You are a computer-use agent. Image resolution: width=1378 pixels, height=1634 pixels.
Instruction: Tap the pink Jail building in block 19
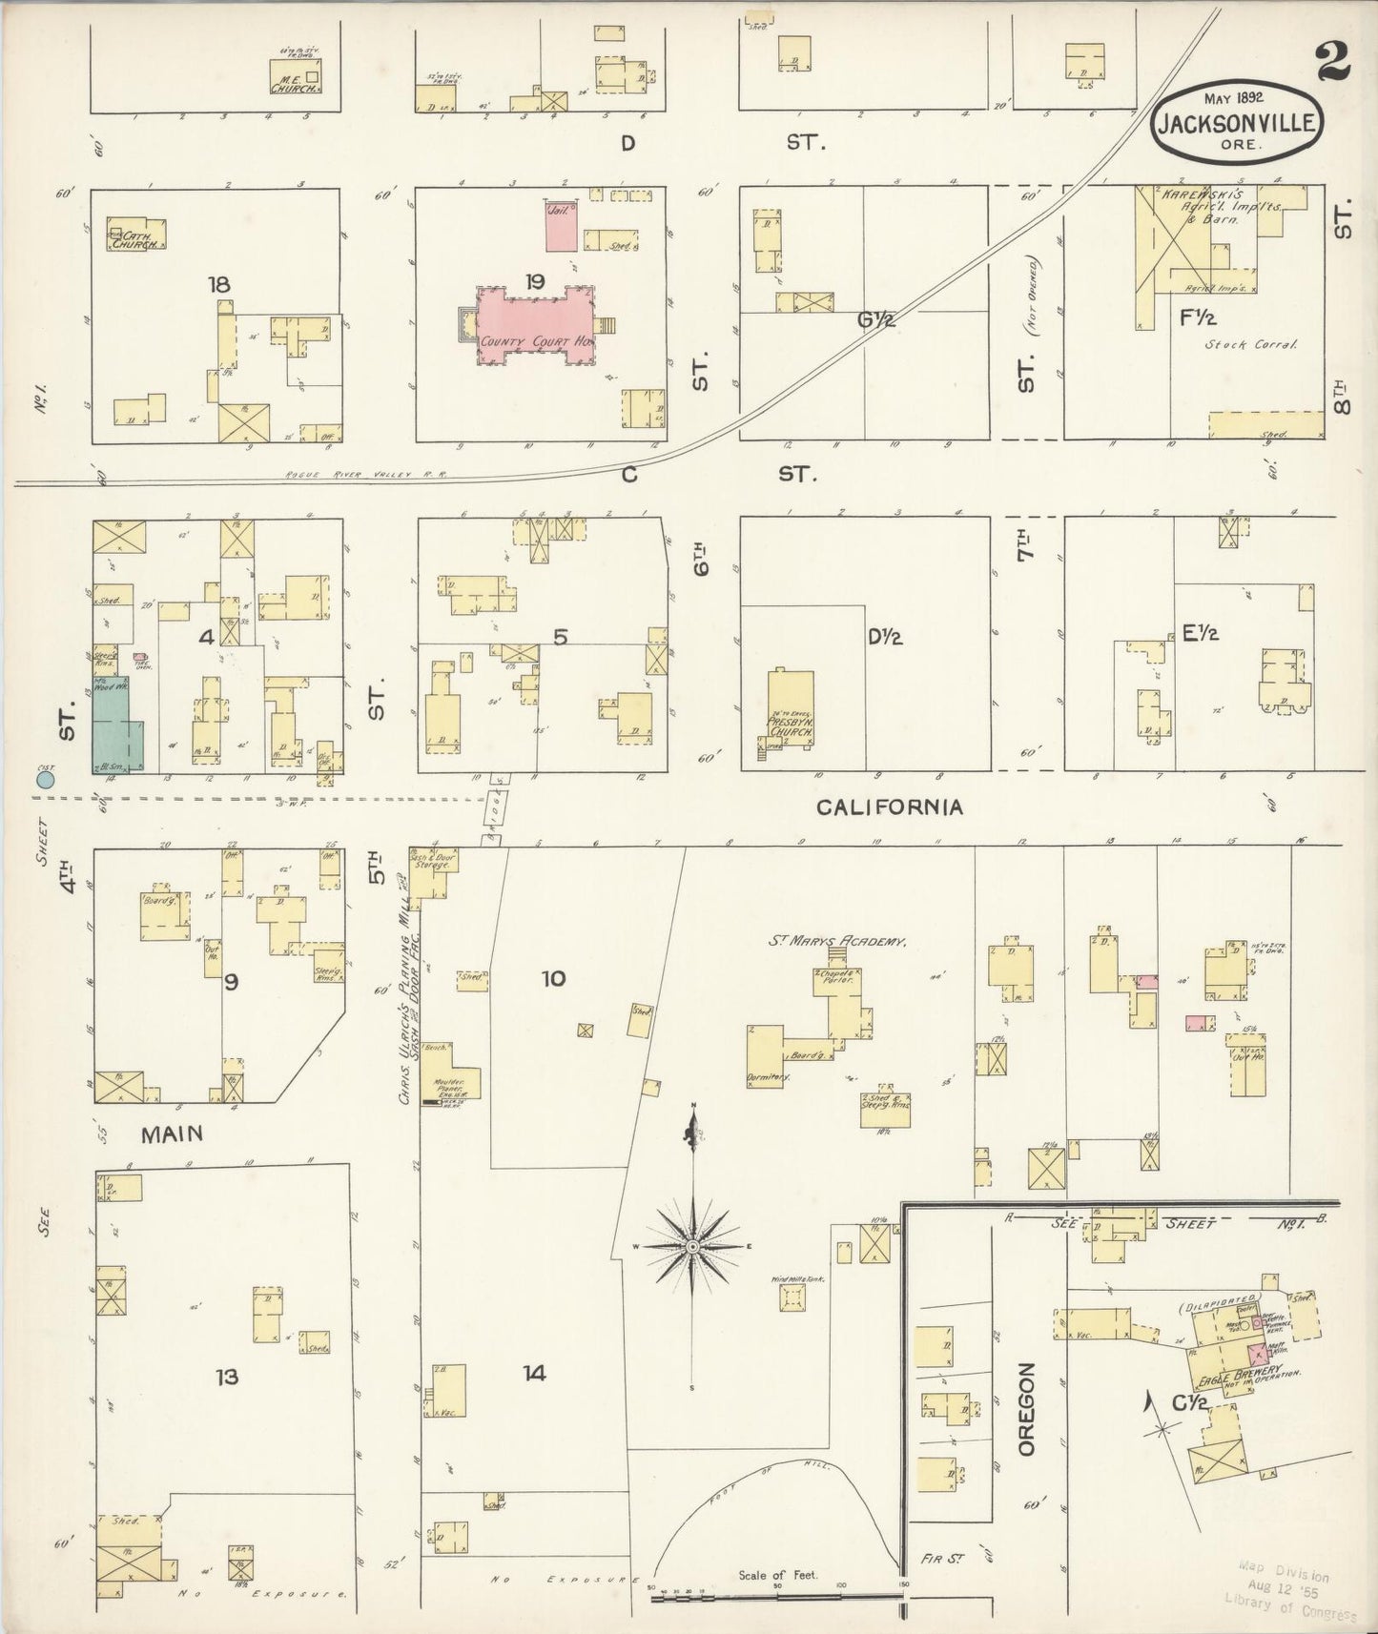561,225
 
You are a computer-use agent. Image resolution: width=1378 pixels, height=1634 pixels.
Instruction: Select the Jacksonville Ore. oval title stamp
1236,121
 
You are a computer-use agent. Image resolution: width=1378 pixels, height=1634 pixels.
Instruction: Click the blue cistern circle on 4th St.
44,780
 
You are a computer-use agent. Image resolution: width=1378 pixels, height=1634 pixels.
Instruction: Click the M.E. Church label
294,86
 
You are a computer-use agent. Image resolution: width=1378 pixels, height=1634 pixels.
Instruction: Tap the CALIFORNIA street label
889,807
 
